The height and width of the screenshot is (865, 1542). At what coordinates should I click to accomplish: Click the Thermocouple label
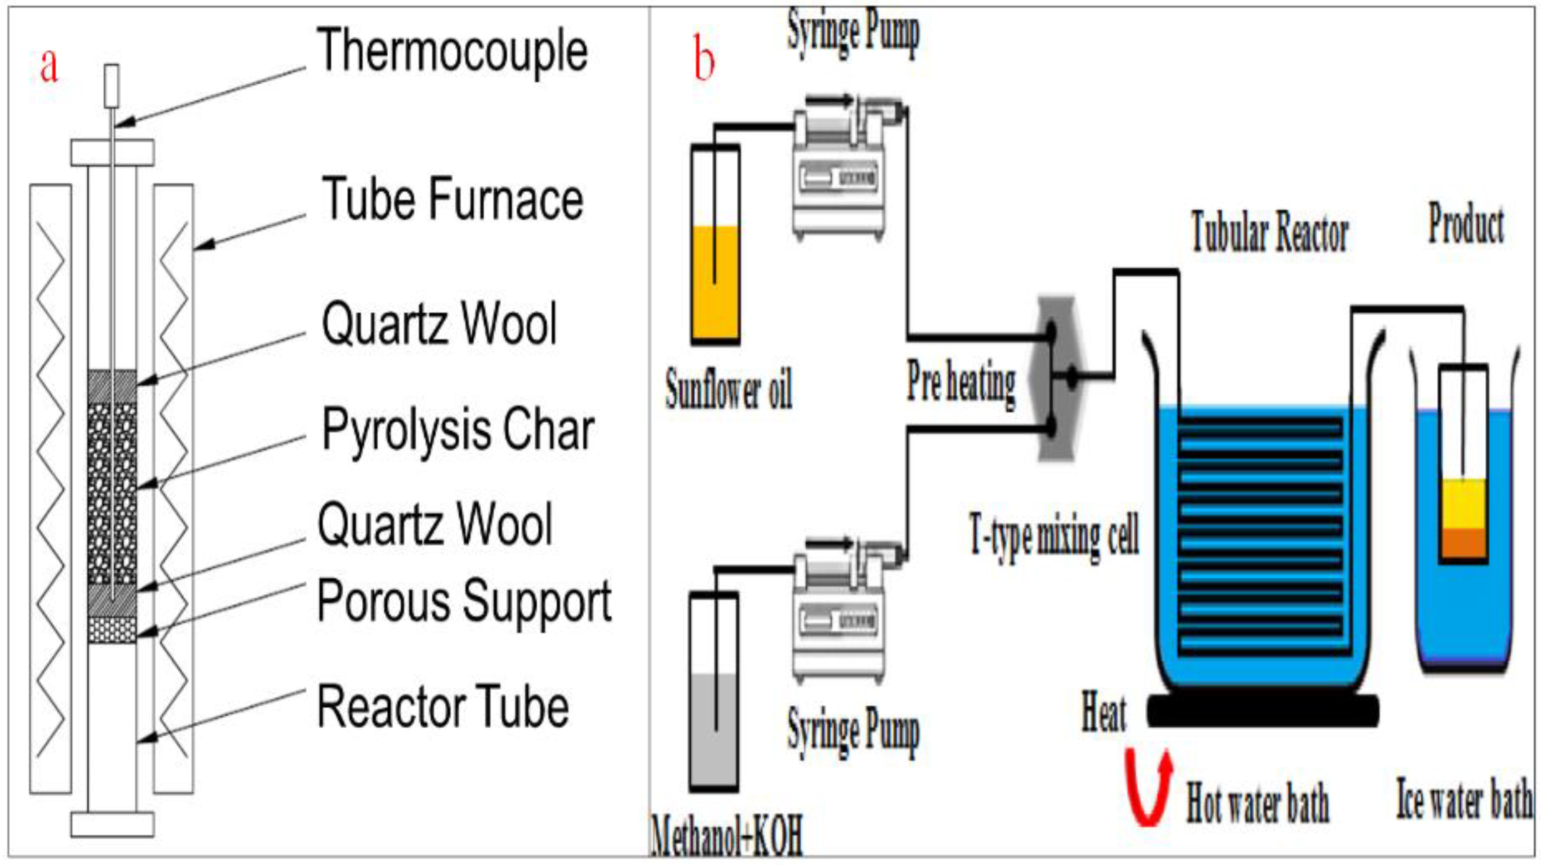(x=452, y=51)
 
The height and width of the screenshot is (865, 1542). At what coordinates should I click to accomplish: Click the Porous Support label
(x=464, y=602)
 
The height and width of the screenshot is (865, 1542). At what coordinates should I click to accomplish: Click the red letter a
(x=49, y=66)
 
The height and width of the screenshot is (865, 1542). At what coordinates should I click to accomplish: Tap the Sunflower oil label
(x=729, y=389)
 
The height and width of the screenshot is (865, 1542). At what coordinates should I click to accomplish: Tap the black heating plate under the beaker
(x=1263, y=711)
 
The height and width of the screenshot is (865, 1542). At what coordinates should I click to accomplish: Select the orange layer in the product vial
(x=1463, y=542)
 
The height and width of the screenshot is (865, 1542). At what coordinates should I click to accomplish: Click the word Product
(x=1466, y=224)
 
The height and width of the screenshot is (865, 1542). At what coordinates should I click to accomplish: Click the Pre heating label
(x=961, y=383)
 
